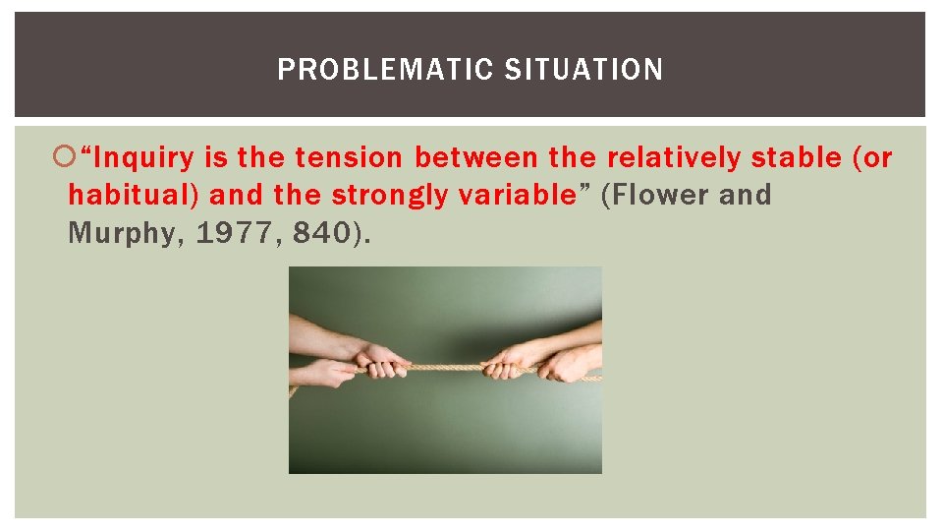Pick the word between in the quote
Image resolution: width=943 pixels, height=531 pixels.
474,157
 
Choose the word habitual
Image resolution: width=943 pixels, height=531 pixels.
133,195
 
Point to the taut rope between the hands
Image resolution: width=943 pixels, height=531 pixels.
447,367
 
